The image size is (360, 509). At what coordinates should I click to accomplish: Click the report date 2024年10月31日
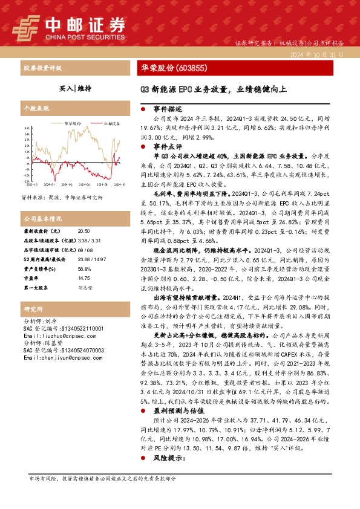pyautogui.click(x=321, y=54)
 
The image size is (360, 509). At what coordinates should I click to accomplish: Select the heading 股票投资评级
pyautogui.click(x=42, y=68)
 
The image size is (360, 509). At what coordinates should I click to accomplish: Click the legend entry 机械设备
pyautogui.click(x=111, y=123)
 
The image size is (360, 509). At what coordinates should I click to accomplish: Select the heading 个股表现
pyautogui.click(x=35, y=107)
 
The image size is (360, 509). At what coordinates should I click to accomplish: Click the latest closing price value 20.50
pyautogui.click(x=83, y=232)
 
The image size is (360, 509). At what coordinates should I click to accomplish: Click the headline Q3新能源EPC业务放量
pyautogui.click(x=182, y=89)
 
